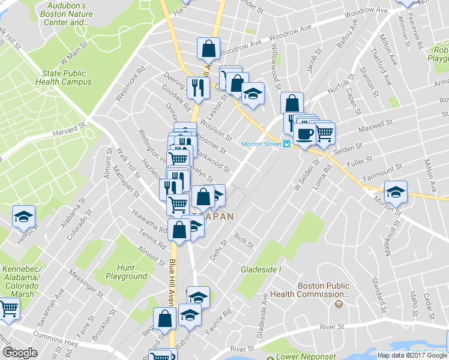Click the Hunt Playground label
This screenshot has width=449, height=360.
(126, 272)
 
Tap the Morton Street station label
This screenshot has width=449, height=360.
(262, 144)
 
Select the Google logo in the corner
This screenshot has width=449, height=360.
(20, 352)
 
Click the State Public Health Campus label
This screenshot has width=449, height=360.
(60, 77)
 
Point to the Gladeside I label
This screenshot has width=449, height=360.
(261, 269)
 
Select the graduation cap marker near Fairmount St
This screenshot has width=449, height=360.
(396, 192)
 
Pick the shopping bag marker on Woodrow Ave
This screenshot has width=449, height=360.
(208, 48)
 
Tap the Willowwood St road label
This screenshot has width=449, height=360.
(277, 66)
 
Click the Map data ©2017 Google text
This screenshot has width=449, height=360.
(412, 355)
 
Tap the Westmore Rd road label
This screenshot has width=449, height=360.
(131, 85)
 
